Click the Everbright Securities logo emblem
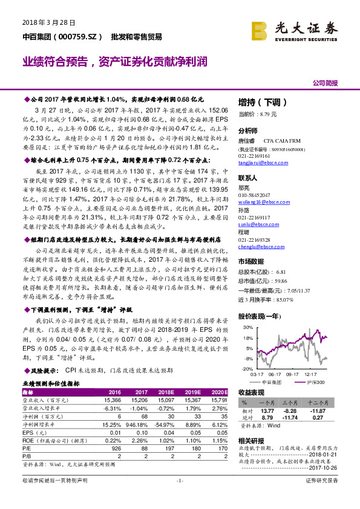coord(261,29)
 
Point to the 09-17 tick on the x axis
coord(293,375)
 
